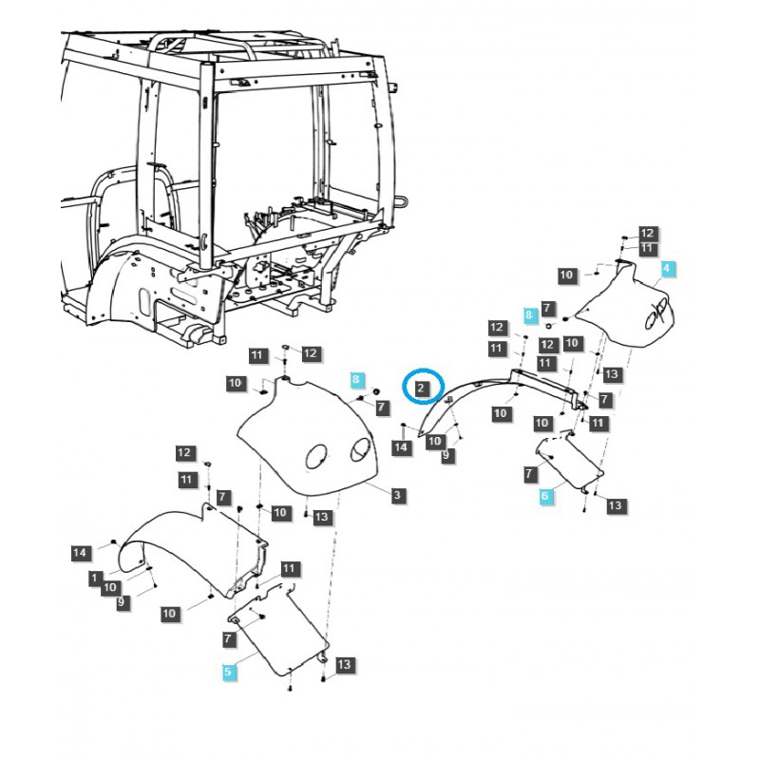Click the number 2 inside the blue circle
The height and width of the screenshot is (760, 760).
[x=422, y=389]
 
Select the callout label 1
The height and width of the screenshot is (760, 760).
[x=95, y=577]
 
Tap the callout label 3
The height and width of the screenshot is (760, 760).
[x=398, y=495]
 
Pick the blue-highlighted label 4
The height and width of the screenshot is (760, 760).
[x=667, y=270]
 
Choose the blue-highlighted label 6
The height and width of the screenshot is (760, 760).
[x=545, y=496]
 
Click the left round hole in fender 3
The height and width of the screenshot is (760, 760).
[x=314, y=458]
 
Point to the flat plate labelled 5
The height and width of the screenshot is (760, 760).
[x=280, y=636]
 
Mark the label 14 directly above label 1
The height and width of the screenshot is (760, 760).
[x=81, y=552]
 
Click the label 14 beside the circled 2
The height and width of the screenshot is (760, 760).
[x=403, y=446]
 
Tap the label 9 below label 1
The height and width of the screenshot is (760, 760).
[x=122, y=602]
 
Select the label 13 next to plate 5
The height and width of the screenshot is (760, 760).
[x=344, y=664]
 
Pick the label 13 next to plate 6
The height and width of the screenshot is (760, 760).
[x=616, y=505]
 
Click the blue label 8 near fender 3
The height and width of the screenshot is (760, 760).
[x=357, y=379]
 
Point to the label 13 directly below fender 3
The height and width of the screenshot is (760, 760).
[x=323, y=517]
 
